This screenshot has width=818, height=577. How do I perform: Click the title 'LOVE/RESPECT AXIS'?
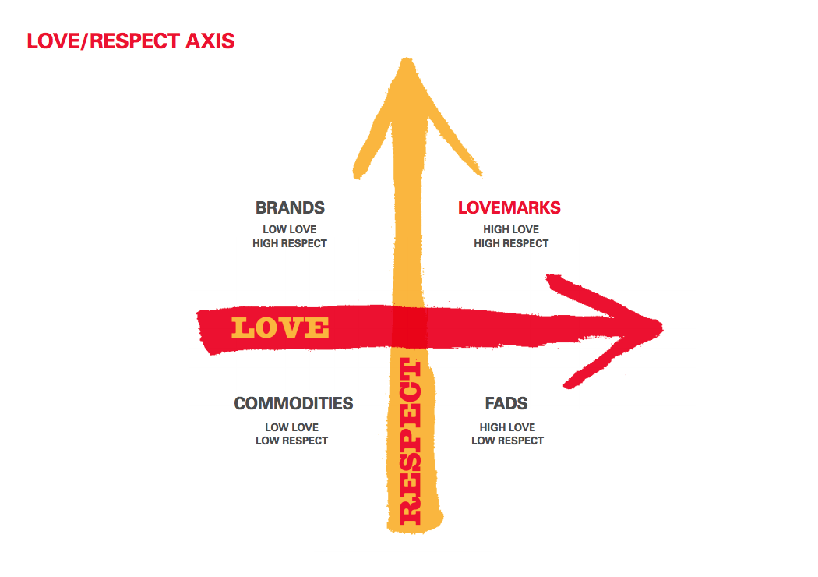tap(130, 41)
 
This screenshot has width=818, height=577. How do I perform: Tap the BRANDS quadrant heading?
tap(290, 208)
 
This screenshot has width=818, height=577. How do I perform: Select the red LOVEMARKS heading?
tap(509, 208)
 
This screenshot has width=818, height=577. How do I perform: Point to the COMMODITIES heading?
tap(293, 404)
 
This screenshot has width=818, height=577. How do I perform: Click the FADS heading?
tap(506, 404)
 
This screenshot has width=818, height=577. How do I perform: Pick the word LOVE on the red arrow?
tap(280, 327)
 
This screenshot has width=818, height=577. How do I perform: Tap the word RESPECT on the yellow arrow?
tap(410, 441)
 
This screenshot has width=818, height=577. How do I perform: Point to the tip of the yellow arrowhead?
tap(403, 61)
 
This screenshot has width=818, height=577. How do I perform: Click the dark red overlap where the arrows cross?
tap(409, 326)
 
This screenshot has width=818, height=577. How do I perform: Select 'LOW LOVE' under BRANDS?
tap(290, 229)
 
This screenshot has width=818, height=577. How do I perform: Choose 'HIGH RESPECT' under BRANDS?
tap(290, 243)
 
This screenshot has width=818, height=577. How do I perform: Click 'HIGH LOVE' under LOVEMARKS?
tap(511, 229)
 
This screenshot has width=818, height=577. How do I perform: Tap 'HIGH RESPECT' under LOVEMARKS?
tap(511, 243)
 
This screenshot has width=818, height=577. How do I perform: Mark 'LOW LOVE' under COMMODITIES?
tap(291, 427)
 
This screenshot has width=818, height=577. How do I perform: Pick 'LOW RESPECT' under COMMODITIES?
tap(291, 441)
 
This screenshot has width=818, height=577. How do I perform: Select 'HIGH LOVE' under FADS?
tap(507, 427)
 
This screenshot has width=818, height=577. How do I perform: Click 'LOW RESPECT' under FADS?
tap(507, 441)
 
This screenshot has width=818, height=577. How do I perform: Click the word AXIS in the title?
tap(210, 41)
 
